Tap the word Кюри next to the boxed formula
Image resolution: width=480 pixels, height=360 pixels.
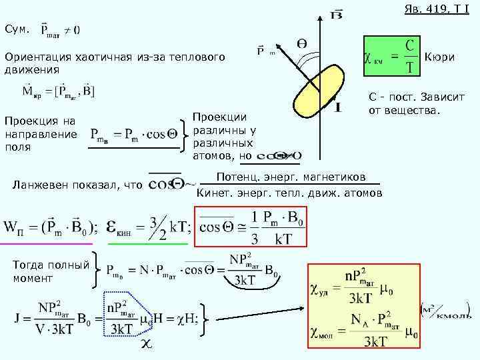(x=439, y=57)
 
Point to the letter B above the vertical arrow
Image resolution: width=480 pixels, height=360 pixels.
(x=337, y=14)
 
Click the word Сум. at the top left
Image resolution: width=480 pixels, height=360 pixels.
(x=17, y=29)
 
